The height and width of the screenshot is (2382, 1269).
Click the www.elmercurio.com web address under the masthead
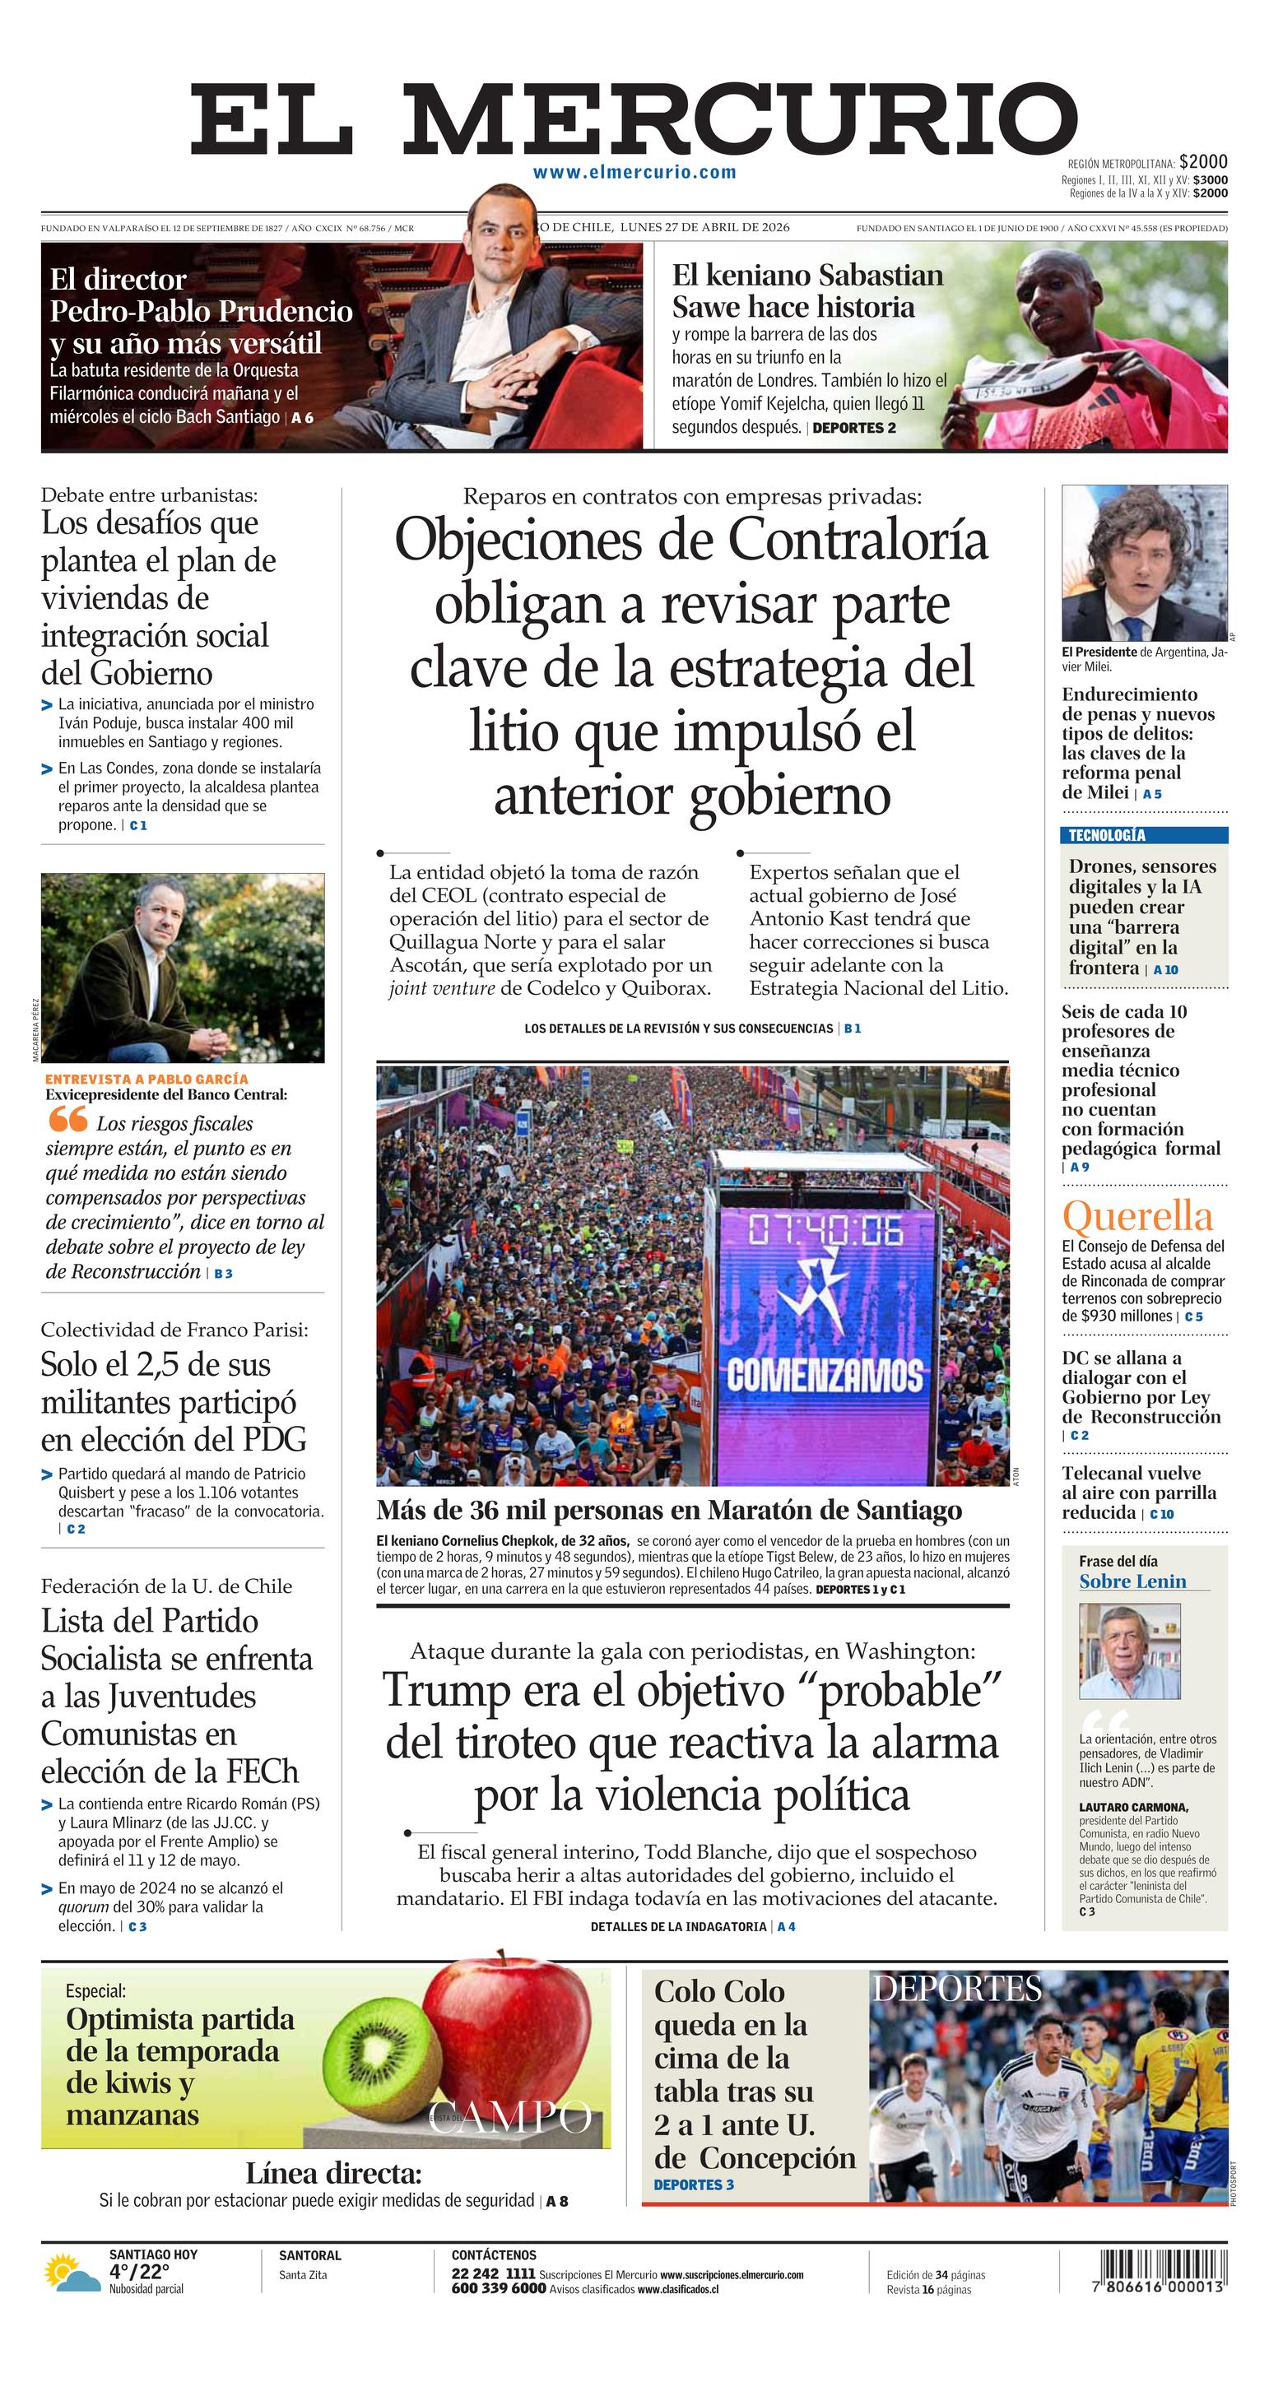(634, 172)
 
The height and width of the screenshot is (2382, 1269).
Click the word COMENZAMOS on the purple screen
(824, 1376)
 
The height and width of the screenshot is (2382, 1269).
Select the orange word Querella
(1137, 1216)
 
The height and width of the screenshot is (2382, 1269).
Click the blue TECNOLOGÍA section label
(1106, 835)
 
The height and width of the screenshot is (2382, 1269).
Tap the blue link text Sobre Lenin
(1132, 1581)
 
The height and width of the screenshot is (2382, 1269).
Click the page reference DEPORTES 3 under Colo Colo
(694, 2185)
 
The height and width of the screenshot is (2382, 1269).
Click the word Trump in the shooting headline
(448, 1690)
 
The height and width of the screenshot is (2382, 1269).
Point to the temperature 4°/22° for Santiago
(140, 2272)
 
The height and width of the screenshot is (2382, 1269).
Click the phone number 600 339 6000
(498, 2288)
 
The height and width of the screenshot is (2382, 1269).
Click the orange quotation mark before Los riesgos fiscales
(67, 1120)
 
